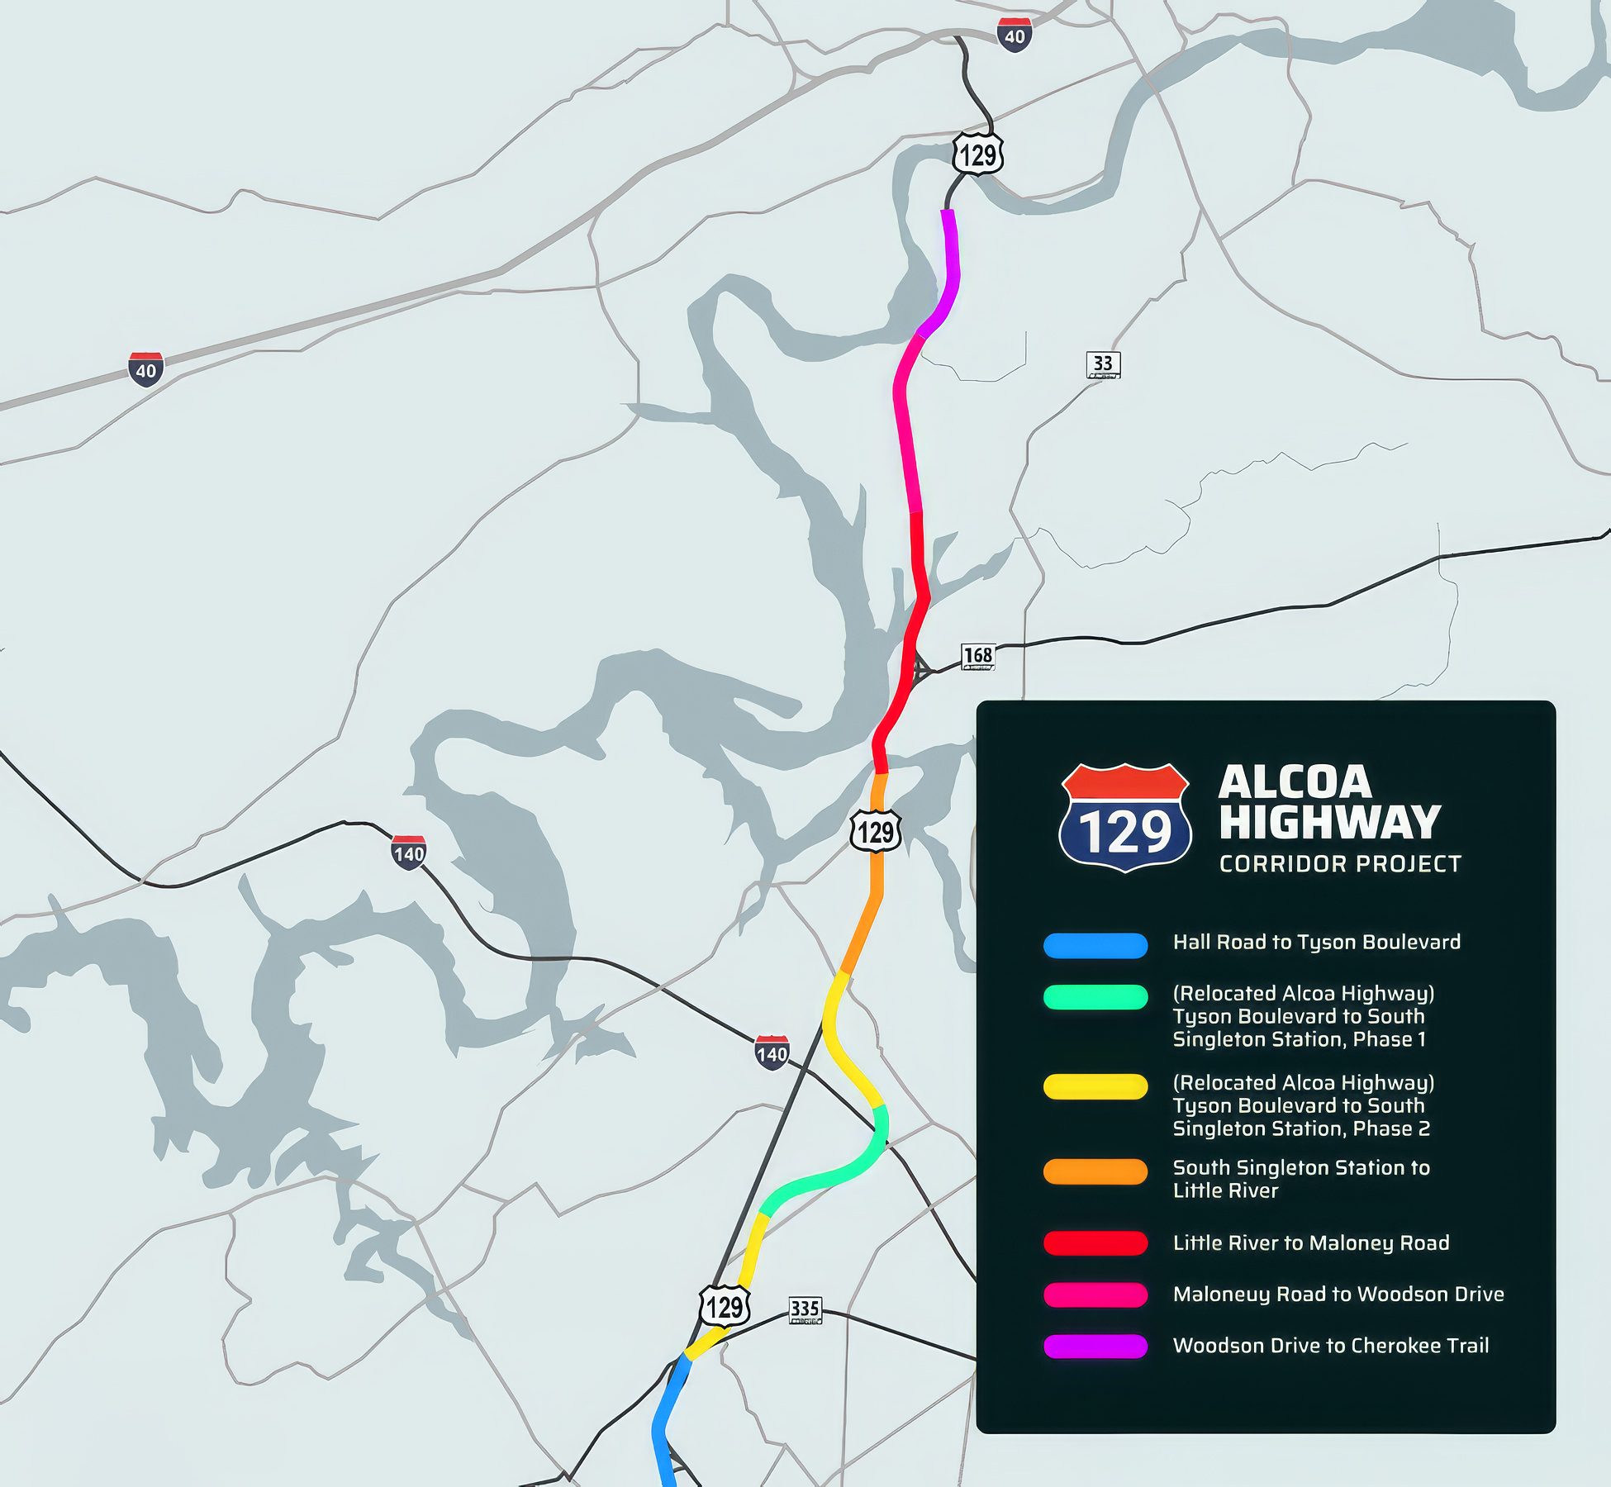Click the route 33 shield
[x=1103, y=364]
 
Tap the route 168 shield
[x=978, y=657]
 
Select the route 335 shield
[x=805, y=1309]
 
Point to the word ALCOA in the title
[x=1295, y=782]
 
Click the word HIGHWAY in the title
[x=1330, y=822]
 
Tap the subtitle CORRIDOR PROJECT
[x=1340, y=864]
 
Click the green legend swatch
[x=1095, y=997]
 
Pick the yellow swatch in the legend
[x=1095, y=1086]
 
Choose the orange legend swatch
[x=1095, y=1171]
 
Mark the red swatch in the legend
[x=1095, y=1243]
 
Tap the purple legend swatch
[x=1095, y=1347]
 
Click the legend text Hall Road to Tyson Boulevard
[x=1316, y=943]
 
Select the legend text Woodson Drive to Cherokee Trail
[x=1330, y=1346]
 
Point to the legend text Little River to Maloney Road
[x=1311, y=1243]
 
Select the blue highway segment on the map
[x=666, y=1421]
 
